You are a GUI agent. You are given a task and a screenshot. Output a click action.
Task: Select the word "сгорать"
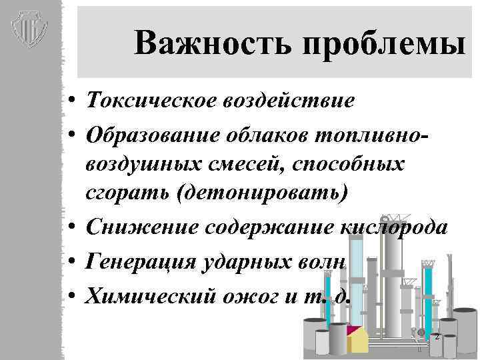click(x=125, y=193)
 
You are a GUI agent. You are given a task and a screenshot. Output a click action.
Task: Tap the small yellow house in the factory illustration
click(x=358, y=339)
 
